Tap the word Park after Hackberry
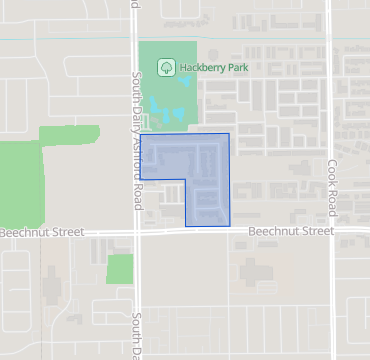(x=234, y=68)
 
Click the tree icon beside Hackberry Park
(x=166, y=68)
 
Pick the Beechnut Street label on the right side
(x=290, y=232)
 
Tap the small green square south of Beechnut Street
(x=120, y=268)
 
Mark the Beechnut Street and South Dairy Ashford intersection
(x=139, y=232)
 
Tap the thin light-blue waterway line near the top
(x=250, y=39)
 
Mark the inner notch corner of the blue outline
(x=186, y=180)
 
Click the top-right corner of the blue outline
(x=229, y=134)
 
